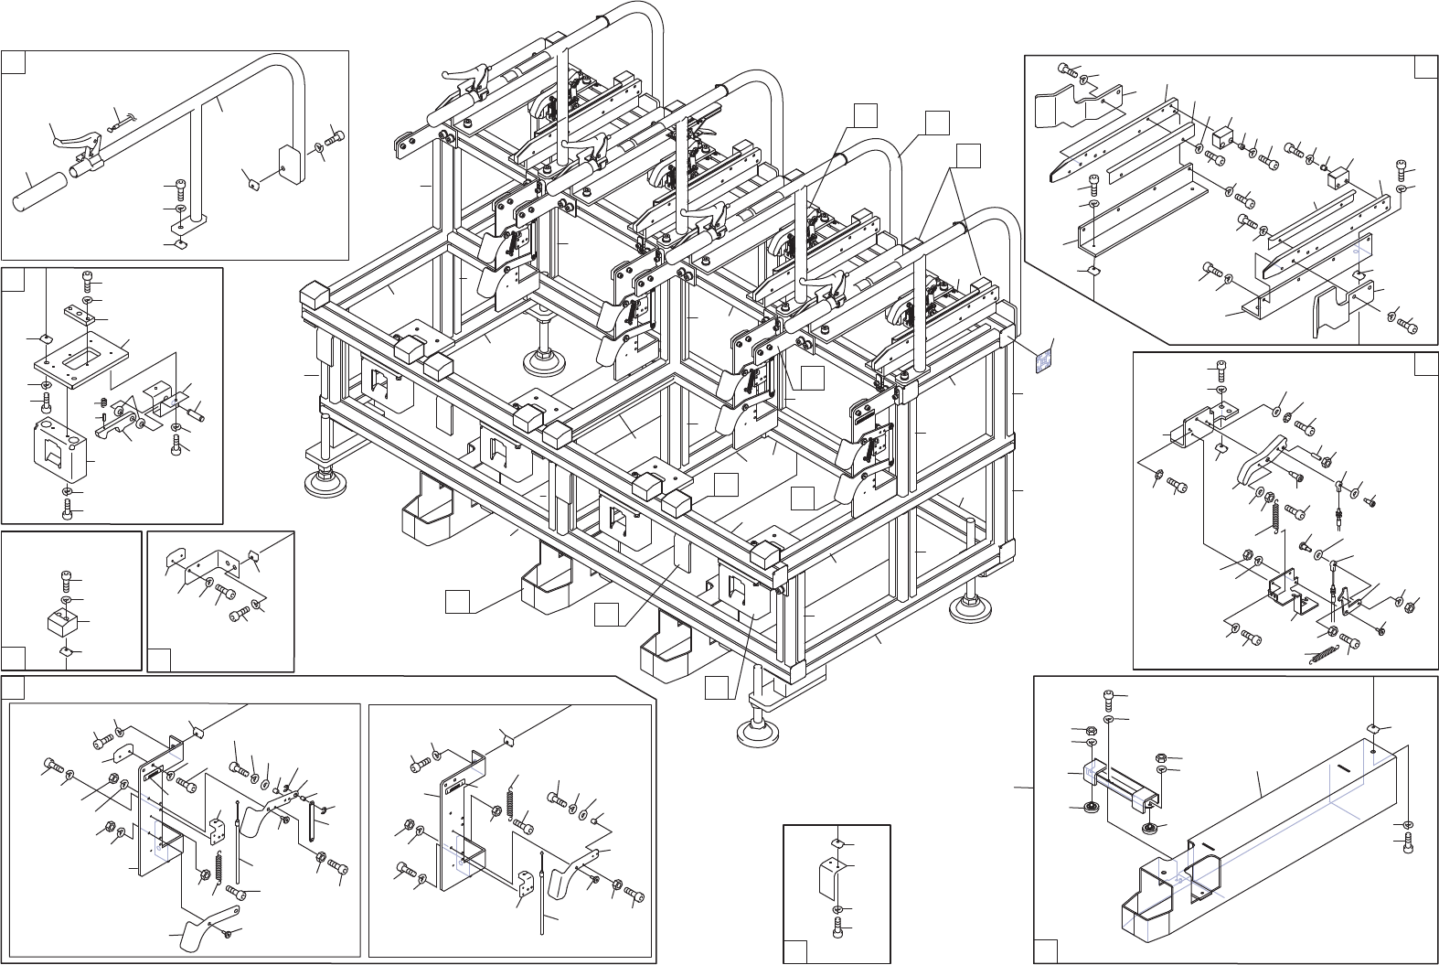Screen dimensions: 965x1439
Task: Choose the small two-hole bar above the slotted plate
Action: click(x=80, y=316)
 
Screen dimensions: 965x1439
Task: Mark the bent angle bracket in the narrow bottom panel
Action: click(x=830, y=880)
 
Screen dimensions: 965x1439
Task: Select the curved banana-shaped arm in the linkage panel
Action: click(x=1262, y=463)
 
